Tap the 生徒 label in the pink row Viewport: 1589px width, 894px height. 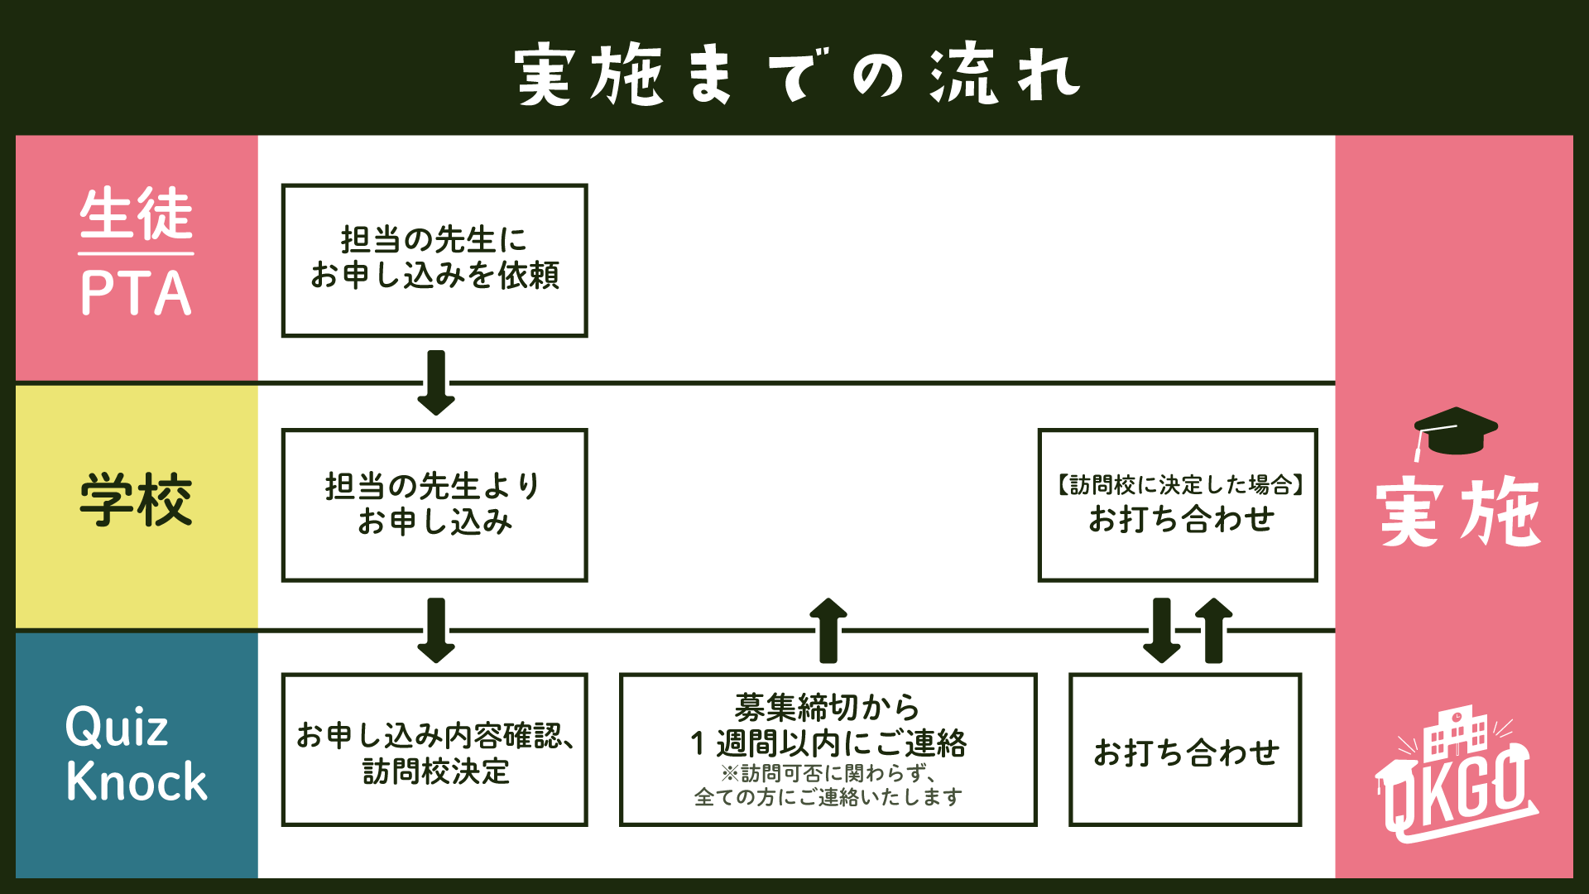click(137, 214)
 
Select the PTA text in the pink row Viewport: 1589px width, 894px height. click(137, 293)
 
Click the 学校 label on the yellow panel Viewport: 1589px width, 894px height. click(137, 500)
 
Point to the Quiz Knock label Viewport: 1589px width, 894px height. click(137, 754)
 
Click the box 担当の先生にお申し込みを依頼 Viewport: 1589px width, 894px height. click(434, 260)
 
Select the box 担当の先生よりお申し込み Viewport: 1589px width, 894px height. click(434, 505)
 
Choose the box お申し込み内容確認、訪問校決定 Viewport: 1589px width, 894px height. click(434, 750)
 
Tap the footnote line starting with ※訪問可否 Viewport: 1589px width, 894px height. click(828, 773)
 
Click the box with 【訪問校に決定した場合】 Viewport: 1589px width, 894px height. click(1178, 505)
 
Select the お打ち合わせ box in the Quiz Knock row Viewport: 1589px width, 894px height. click(1185, 750)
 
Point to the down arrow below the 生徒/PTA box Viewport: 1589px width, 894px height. click(436, 382)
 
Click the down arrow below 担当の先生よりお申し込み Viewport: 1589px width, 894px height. click(436, 630)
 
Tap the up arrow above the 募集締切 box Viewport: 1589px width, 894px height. click(828, 630)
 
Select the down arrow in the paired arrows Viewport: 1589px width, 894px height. click(1162, 630)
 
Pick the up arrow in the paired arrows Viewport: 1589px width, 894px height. click(1214, 630)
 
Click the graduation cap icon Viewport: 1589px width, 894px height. click(1455, 431)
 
